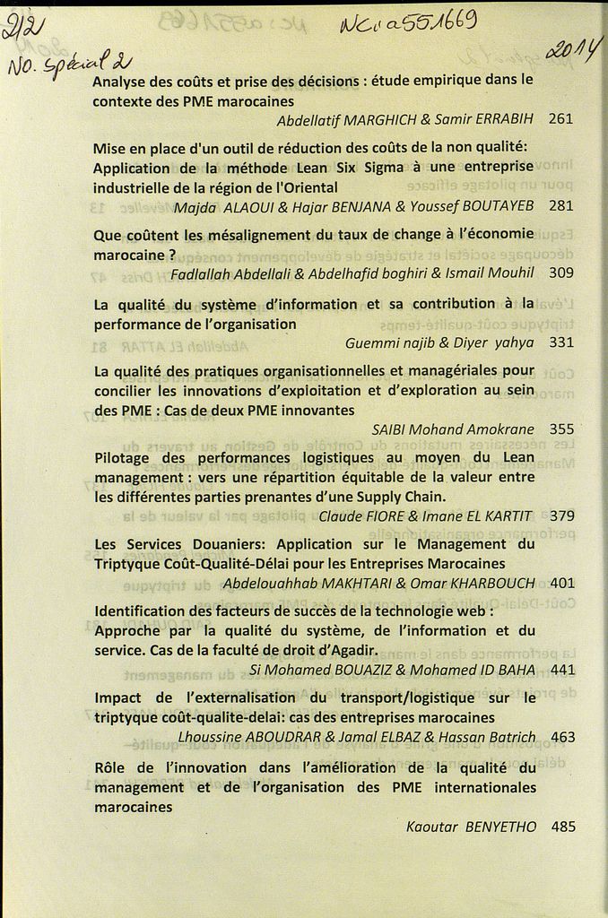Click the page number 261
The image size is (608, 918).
[560, 118]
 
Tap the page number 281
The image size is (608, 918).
[560, 205]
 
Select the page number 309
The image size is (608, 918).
[560, 273]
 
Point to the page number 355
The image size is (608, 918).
[561, 429]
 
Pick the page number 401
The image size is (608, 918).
[562, 583]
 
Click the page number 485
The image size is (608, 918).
[563, 827]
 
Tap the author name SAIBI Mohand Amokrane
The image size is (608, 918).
[452, 429]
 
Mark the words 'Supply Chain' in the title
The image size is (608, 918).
[400, 496]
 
